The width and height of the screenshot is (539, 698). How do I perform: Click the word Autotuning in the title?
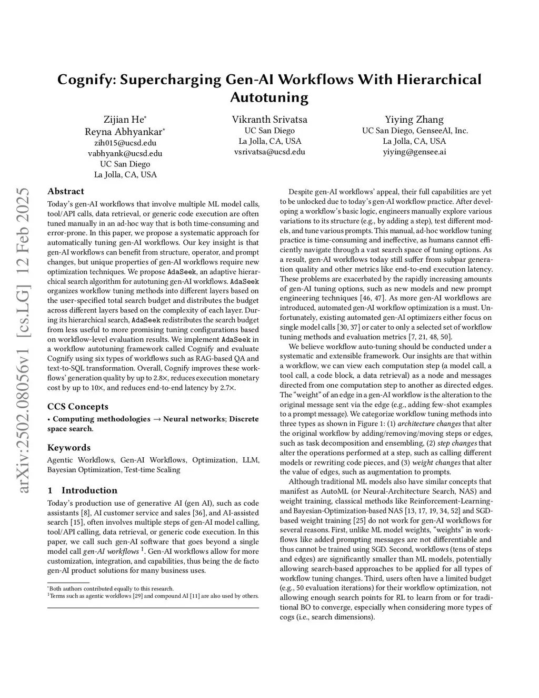click(x=269, y=97)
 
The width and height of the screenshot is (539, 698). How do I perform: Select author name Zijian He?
click(x=124, y=120)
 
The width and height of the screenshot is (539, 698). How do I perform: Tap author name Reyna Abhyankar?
click(x=124, y=131)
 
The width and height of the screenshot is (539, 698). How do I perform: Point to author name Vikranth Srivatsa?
click(x=269, y=120)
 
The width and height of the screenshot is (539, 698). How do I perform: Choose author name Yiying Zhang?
click(x=414, y=120)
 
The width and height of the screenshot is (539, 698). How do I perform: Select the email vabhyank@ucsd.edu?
click(x=125, y=153)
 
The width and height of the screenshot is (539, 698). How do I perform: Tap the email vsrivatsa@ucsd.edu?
click(x=269, y=152)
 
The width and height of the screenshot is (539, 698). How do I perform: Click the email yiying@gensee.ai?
click(x=414, y=152)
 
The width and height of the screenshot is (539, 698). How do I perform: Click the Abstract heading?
click(x=66, y=191)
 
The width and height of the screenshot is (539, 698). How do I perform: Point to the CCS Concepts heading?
click(x=78, y=407)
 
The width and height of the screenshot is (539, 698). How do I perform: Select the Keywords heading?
click(x=69, y=448)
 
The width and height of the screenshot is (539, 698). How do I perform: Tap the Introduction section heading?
click(x=89, y=490)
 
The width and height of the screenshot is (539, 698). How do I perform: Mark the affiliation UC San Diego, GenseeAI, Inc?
click(x=414, y=131)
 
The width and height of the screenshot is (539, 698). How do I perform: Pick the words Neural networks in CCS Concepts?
click(x=193, y=419)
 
